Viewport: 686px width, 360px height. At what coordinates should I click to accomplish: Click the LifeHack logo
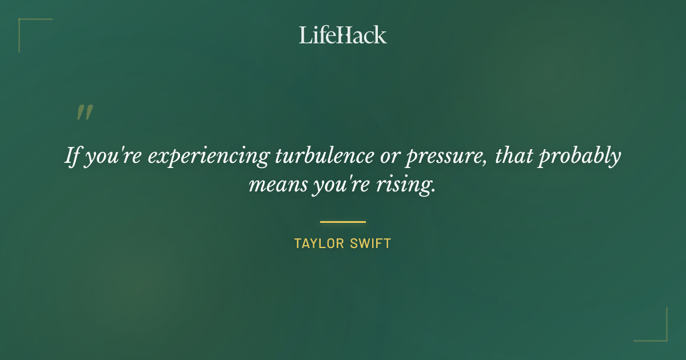[x=343, y=35]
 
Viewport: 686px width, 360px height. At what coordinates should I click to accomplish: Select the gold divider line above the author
[x=343, y=222]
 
